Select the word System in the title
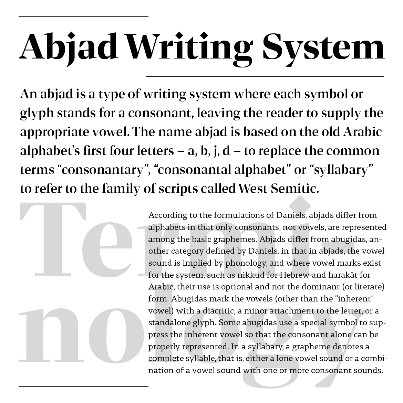tap(324, 46)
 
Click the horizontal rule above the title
tap(83, 16)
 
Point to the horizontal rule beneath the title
tap(265, 76)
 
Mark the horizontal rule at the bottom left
tap(83, 386)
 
